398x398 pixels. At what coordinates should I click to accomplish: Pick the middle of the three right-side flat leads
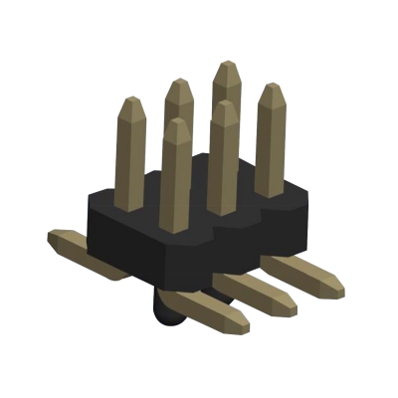[x=259, y=290]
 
